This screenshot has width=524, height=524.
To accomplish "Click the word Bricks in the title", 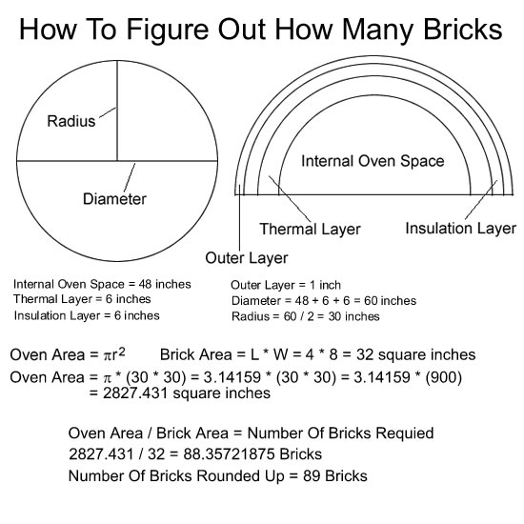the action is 463,30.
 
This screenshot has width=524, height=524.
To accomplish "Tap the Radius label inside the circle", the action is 71,121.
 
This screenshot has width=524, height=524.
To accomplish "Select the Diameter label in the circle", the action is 114,199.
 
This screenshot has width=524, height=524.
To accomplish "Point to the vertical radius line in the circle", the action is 117,111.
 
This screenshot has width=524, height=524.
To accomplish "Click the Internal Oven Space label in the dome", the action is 373,161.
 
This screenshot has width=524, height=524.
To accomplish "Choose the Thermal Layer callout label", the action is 311,230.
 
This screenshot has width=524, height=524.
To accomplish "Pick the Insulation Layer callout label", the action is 461,229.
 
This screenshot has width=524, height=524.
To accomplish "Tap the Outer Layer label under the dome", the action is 247,258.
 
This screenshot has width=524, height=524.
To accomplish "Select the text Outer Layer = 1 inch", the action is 286,285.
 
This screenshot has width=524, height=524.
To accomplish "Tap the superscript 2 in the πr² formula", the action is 122,352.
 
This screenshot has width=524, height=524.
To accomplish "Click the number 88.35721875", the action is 229,453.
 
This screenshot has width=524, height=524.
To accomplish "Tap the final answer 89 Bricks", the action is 335,475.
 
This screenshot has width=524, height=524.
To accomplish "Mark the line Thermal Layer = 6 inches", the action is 82,299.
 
